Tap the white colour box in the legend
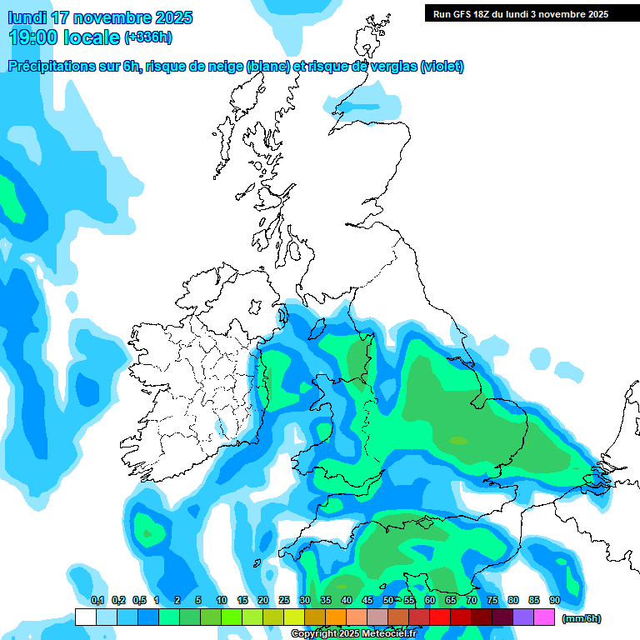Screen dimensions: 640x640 [x=85, y=617]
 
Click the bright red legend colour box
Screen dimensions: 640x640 [x=440, y=617]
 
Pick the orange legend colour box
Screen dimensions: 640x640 [x=336, y=617]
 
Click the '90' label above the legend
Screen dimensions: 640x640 [x=555, y=600]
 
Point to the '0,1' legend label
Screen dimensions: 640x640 [x=97, y=600]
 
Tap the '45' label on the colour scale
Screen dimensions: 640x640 [x=367, y=600]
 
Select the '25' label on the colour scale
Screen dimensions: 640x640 [x=284, y=600]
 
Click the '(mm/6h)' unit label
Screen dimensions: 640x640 [x=582, y=618]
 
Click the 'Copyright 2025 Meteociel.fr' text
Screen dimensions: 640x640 [x=353, y=633]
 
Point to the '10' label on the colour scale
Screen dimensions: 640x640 [x=222, y=600]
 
